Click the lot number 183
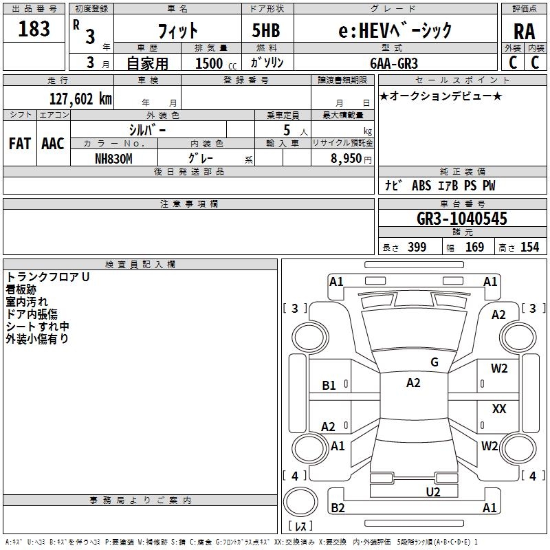coord(34,28)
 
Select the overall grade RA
coord(524,32)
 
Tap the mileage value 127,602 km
coord(80,98)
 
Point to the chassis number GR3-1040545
coord(461,218)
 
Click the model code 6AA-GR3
coord(394,63)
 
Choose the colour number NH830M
coord(113,159)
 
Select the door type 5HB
coord(266,30)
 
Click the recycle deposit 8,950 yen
coord(351,159)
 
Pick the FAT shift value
coord(20,144)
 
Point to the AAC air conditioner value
coord(53,144)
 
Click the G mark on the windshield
coord(434,362)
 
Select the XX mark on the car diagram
coord(499,408)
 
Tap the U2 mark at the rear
coord(433,492)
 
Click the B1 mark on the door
coord(329,386)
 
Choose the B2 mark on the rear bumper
coord(338,507)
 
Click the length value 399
coord(417,247)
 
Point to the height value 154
coord(529,247)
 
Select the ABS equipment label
coord(421,186)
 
